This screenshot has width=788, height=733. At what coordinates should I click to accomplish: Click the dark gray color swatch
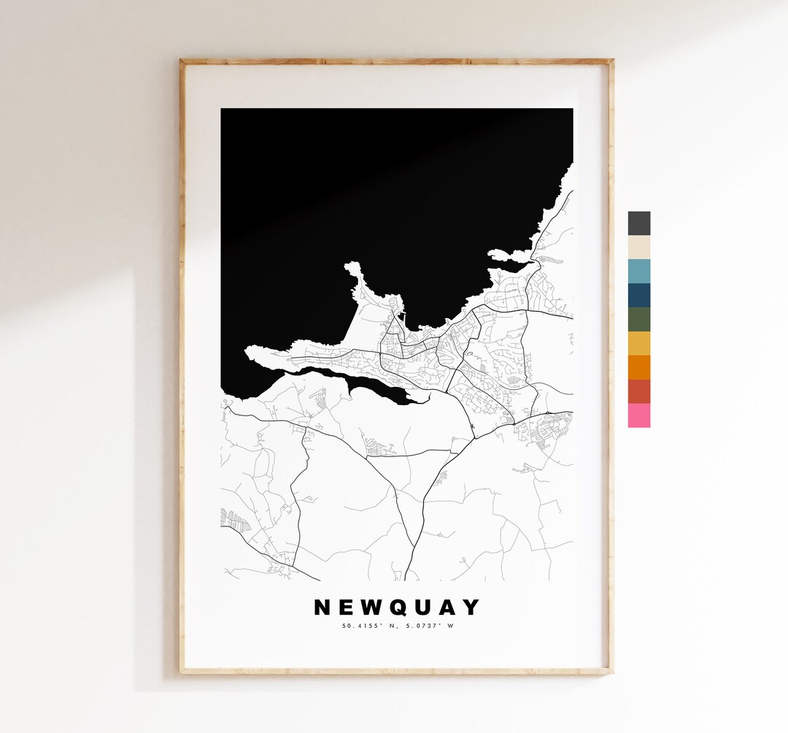click(x=638, y=223)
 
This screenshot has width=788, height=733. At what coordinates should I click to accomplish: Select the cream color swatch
click(x=638, y=247)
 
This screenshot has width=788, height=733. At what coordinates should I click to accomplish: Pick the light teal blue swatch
click(x=638, y=272)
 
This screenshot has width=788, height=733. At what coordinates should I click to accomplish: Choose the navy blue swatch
click(x=638, y=296)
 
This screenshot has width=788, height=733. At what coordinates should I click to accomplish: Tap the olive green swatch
click(x=638, y=320)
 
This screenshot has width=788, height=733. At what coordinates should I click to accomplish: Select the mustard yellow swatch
click(x=638, y=344)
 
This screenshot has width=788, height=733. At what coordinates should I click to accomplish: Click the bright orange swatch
click(x=638, y=367)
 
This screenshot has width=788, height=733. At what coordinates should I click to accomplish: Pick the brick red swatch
click(x=638, y=391)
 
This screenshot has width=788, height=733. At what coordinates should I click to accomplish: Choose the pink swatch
click(x=638, y=415)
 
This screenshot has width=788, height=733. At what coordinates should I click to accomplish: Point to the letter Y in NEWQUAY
click(x=473, y=607)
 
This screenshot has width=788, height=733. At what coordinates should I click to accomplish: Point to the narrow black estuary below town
click(x=350, y=382)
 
